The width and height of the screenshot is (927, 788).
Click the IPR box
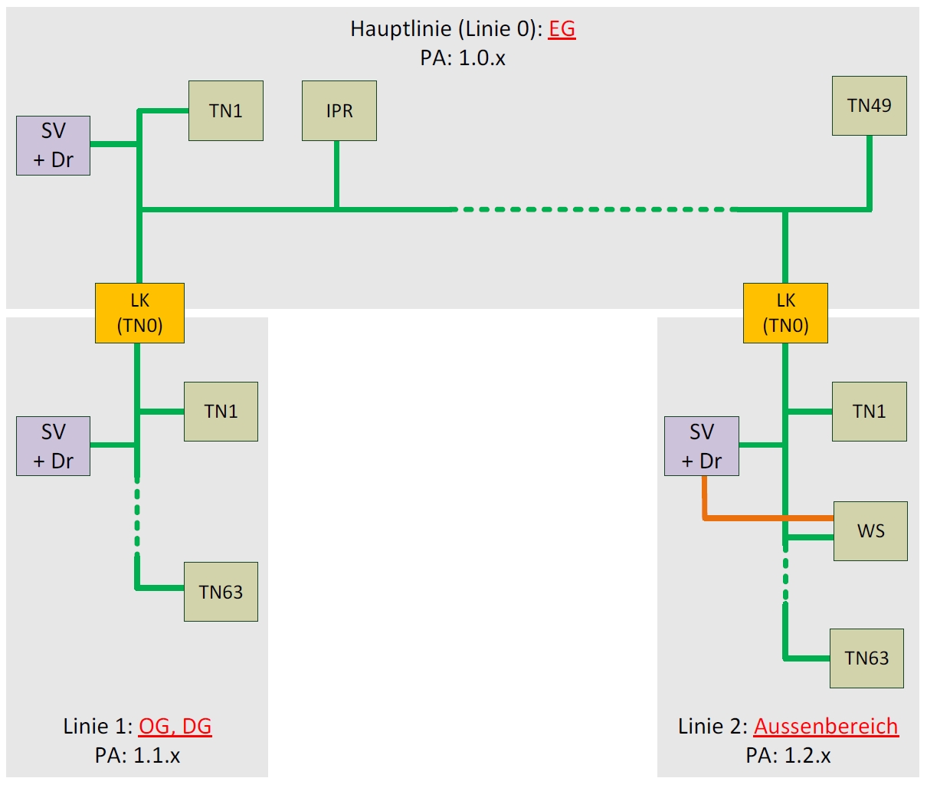point(339,111)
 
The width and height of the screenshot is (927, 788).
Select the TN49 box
point(870,106)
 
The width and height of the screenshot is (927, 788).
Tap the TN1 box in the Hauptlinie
point(226,111)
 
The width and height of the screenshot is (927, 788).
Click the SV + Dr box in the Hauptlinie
point(54,146)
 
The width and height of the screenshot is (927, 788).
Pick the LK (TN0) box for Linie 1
point(139,313)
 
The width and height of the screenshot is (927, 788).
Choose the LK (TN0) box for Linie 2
point(785,313)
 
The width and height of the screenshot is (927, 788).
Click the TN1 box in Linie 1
point(221,412)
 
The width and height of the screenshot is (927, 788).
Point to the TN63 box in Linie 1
point(221,592)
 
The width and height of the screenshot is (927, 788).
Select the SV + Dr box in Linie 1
point(54,446)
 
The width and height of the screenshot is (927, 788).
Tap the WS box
point(870,531)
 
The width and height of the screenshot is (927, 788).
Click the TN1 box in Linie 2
point(870,412)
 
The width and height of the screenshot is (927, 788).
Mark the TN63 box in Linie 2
point(866,658)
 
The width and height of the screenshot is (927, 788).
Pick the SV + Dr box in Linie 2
point(702,446)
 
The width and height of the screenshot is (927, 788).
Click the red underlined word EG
point(562,29)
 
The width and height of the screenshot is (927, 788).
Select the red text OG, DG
point(175,726)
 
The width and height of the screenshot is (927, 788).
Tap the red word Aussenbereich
point(826,726)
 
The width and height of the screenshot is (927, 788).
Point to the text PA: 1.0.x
point(463,58)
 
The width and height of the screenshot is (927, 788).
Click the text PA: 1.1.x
point(138,756)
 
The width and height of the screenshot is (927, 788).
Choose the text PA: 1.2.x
point(788,756)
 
